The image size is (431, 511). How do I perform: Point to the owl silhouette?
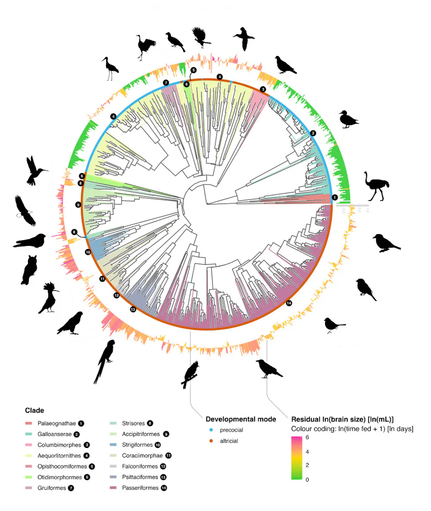click(29, 270)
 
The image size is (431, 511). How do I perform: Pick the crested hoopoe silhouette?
click(49, 298)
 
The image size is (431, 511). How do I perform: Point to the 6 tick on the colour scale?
click(307, 438)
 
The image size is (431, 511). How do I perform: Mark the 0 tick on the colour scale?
click(307, 479)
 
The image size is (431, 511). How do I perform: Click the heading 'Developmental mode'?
click(241, 419)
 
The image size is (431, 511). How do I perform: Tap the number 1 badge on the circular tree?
click(334, 198)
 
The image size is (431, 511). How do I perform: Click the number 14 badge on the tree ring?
click(289, 303)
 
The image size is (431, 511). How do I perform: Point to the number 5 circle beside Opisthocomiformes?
click(92, 467)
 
